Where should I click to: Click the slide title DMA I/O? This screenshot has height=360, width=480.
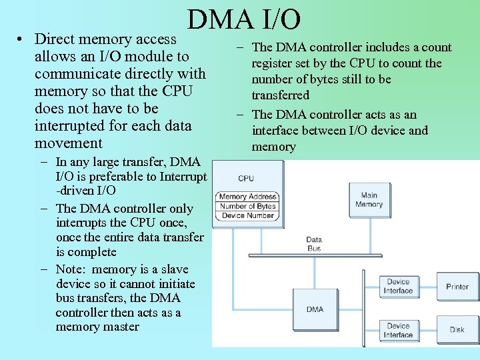(x=244, y=20)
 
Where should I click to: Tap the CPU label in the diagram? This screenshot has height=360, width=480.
(x=246, y=178)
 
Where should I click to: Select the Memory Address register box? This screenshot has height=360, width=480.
(x=246, y=197)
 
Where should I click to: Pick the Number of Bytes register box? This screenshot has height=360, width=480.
(x=246, y=206)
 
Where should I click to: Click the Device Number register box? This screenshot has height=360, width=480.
(x=246, y=215)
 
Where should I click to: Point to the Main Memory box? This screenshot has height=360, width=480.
(x=369, y=200)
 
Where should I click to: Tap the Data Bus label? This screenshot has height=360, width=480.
(x=314, y=244)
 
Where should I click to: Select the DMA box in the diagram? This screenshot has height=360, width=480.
(x=315, y=309)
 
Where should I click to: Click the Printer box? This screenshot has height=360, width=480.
(x=457, y=287)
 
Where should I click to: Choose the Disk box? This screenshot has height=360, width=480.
(x=457, y=329)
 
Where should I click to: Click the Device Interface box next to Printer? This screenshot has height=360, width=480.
(x=398, y=287)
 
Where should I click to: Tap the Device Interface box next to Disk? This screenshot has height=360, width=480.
(x=398, y=330)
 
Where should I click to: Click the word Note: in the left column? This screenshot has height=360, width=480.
(x=71, y=269)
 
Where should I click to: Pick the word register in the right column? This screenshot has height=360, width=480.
(x=271, y=63)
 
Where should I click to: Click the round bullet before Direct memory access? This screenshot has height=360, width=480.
(x=23, y=39)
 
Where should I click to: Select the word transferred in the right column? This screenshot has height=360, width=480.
(x=280, y=95)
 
